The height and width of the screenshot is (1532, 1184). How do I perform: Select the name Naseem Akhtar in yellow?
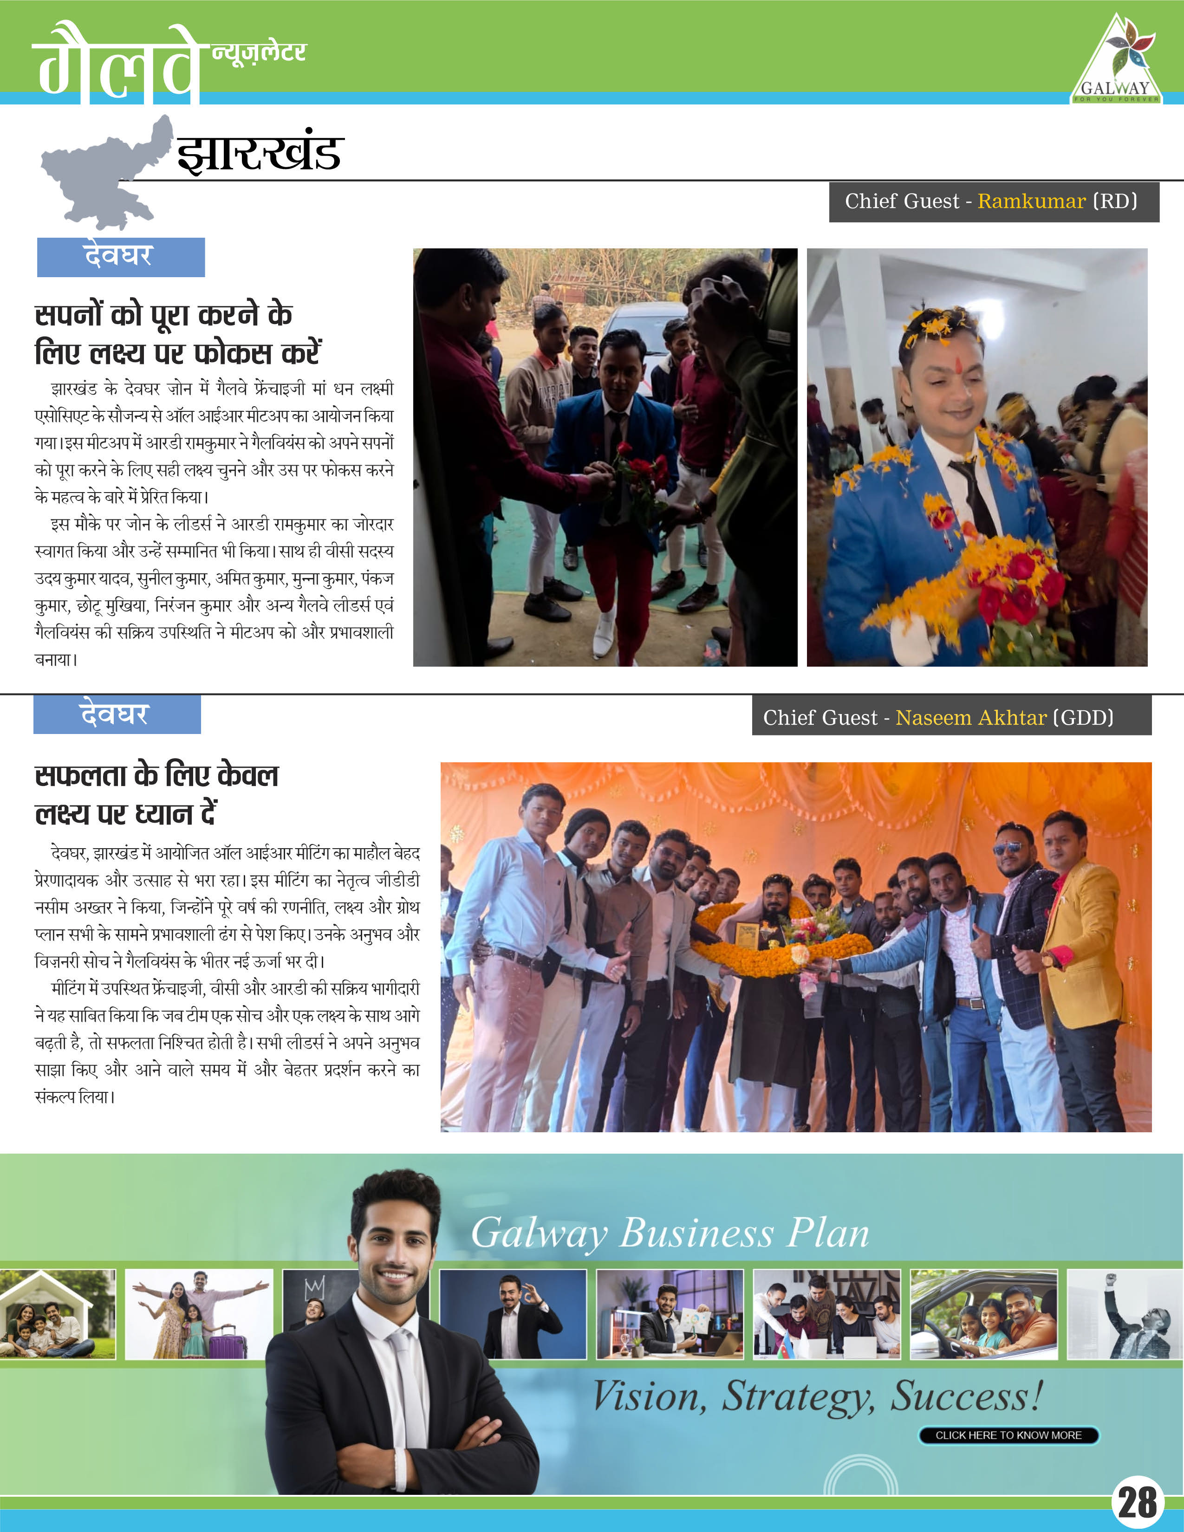[x=971, y=718]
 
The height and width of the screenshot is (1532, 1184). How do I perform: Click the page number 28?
[x=1137, y=1503]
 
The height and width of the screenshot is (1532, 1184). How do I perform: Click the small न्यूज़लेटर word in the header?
[x=259, y=52]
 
